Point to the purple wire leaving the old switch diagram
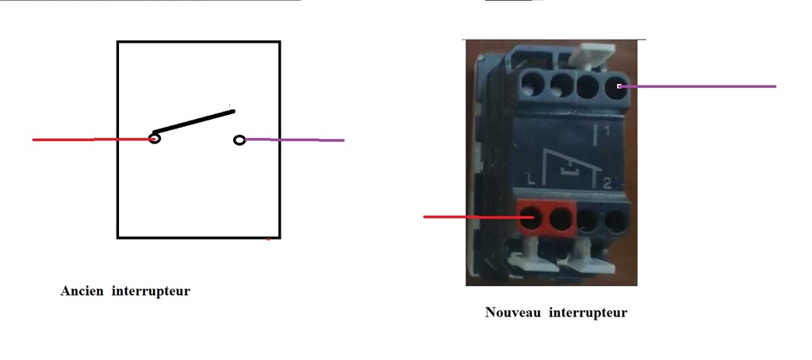point(294,140)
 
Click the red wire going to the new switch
point(478,217)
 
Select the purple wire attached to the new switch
point(697,86)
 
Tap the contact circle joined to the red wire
point(155,138)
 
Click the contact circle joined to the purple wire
point(239,140)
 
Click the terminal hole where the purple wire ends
point(615,86)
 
